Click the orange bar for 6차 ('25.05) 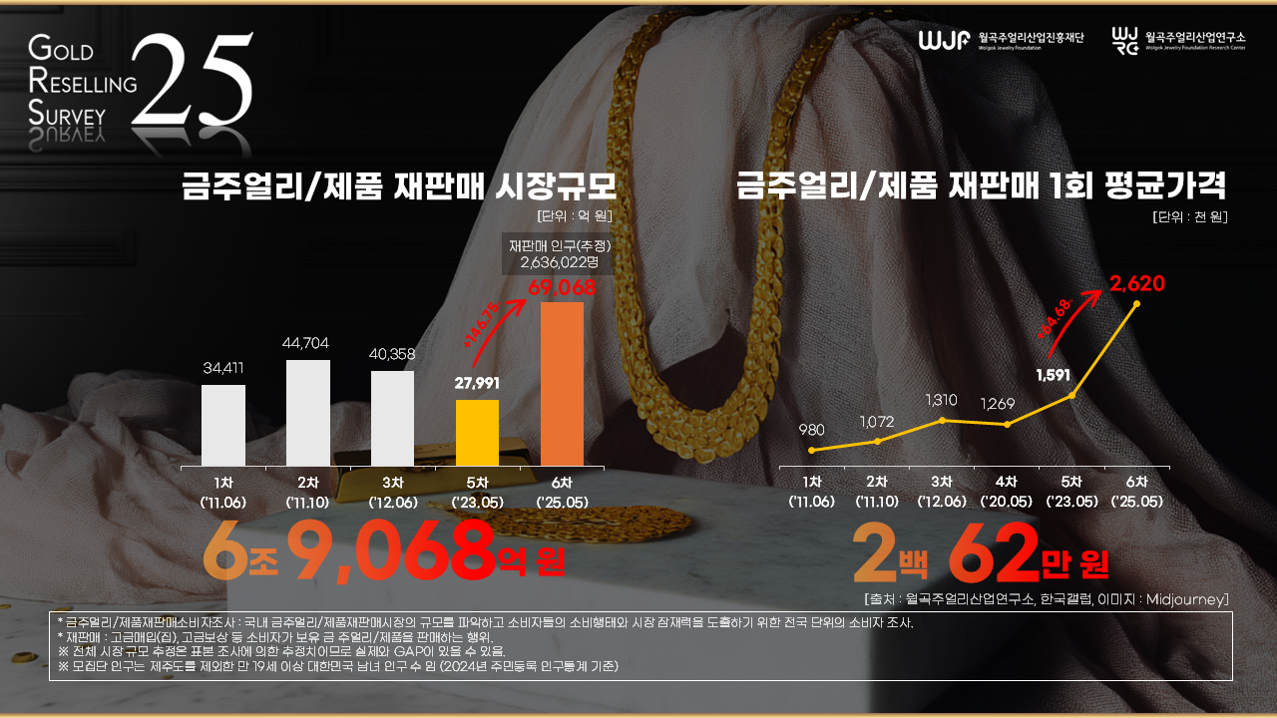pyautogui.click(x=562, y=383)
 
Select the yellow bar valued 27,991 pyautogui.click(x=477, y=432)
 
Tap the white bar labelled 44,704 pyautogui.click(x=307, y=412)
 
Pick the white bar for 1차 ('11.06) pyautogui.click(x=222, y=425)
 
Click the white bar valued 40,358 pyautogui.click(x=392, y=418)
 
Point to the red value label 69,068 pyautogui.click(x=562, y=288)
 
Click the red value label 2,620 pyautogui.click(x=1137, y=284)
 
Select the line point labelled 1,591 pyautogui.click(x=1072, y=396)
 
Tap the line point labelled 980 pyautogui.click(x=812, y=450)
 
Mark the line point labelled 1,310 pyautogui.click(x=942, y=420)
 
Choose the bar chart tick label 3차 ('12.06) pyautogui.click(x=392, y=492)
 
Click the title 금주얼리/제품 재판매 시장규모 pyautogui.click(x=398, y=186)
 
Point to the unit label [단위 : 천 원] pyautogui.click(x=1188, y=216)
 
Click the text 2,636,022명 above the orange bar pyautogui.click(x=559, y=263)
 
